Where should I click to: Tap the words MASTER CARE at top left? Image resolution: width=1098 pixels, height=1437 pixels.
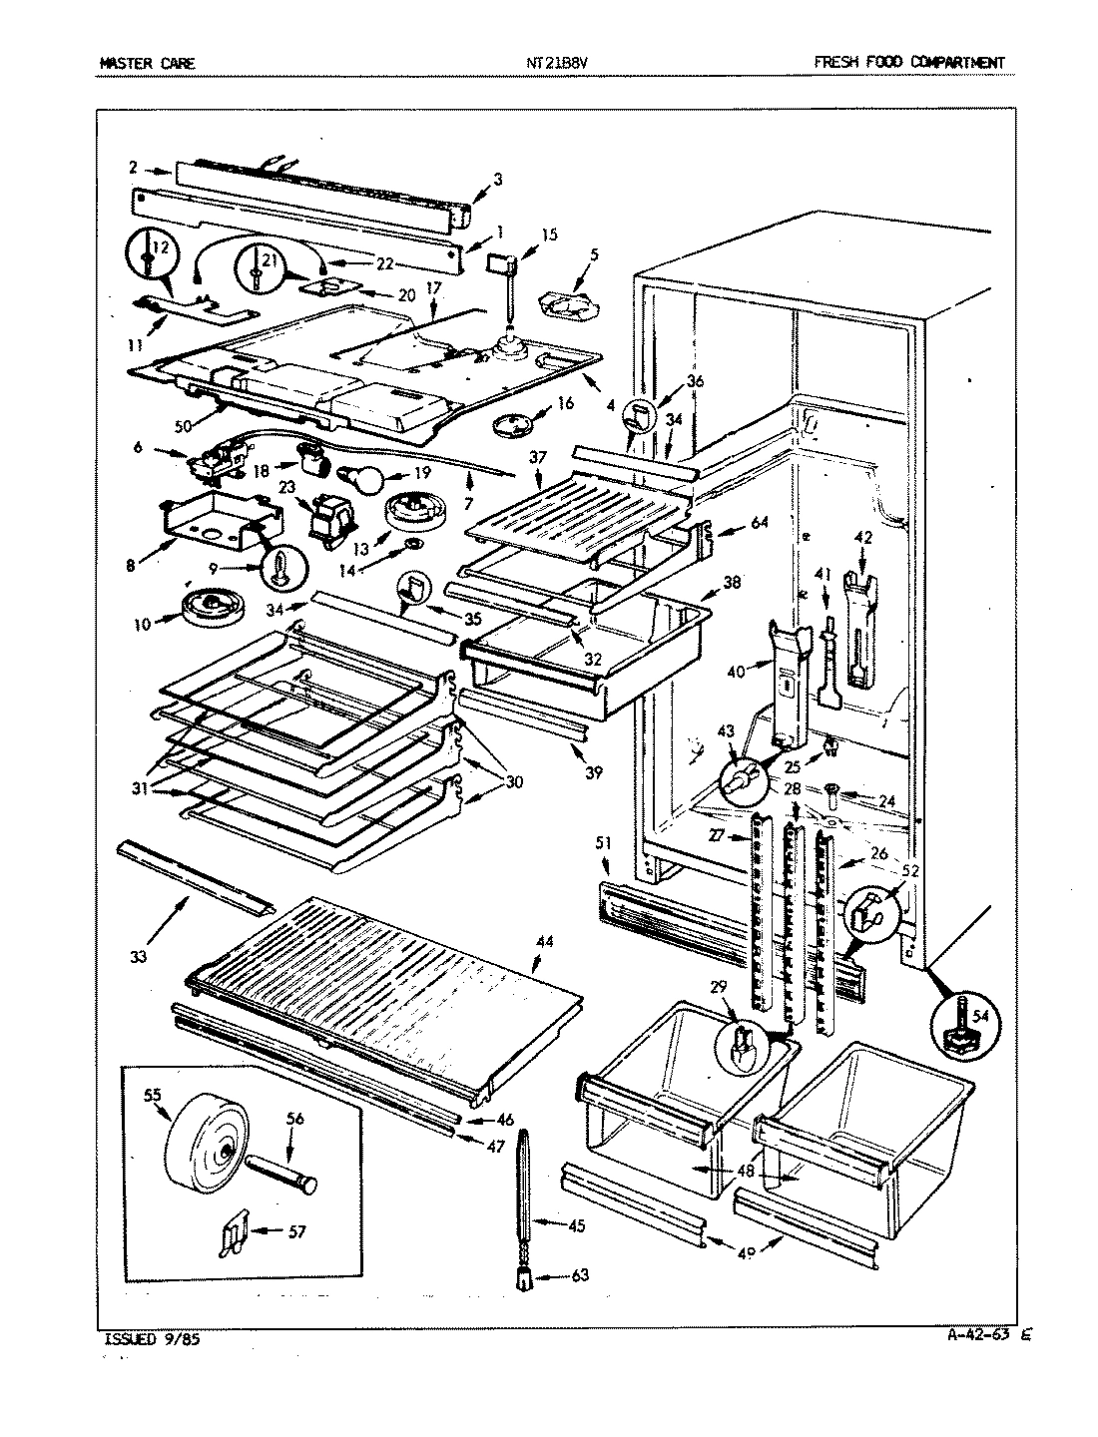pyautogui.click(x=147, y=64)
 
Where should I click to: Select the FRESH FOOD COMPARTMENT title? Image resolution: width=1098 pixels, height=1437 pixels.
pyautogui.click(x=908, y=64)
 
